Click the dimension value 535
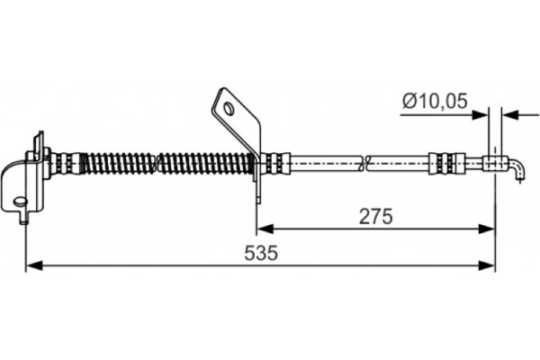[x=261, y=253]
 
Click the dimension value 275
[x=375, y=217]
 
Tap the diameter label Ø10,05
[x=435, y=102]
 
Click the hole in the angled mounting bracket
[x=228, y=109]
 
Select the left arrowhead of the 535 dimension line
[x=34, y=265]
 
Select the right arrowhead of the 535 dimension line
[x=487, y=265]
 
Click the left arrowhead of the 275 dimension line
[x=265, y=229]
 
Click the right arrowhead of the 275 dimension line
[x=487, y=229]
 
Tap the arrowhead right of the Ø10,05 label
[x=480, y=115]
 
